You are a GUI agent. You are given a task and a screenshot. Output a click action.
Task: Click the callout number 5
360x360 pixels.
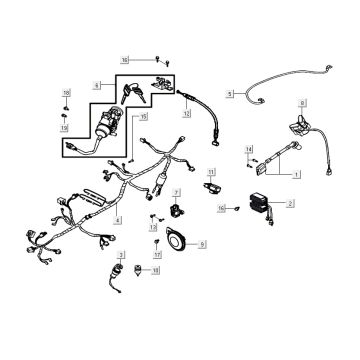(229, 94)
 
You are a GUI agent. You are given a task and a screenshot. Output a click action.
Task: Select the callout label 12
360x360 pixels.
(186, 114)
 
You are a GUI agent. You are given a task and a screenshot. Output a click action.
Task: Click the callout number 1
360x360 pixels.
(295, 172)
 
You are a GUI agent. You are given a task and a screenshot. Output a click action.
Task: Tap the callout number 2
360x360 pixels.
(290, 203)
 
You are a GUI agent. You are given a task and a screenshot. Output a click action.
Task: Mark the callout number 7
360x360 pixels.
(176, 192)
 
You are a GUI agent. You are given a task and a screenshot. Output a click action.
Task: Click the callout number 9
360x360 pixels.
(203, 244)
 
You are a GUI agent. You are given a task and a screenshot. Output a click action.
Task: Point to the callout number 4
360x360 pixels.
(119, 220)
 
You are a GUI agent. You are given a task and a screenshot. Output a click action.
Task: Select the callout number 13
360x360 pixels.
(154, 228)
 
